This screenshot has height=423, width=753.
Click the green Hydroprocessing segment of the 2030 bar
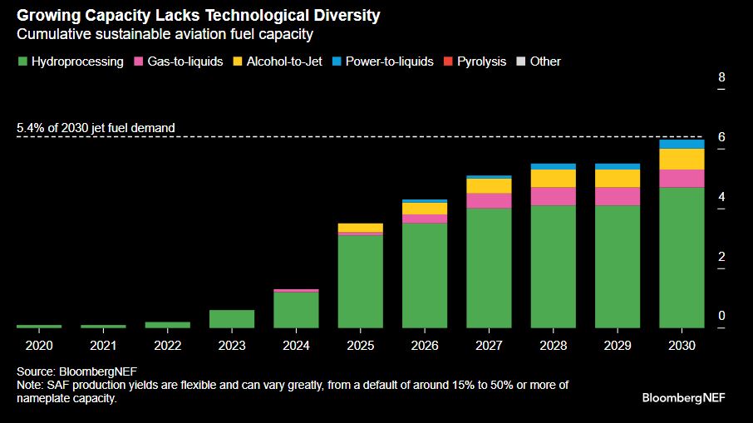coord(682,257)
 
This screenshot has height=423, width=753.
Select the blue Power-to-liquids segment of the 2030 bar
coord(682,144)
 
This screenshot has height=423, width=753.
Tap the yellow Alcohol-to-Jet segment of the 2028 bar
coord(554,178)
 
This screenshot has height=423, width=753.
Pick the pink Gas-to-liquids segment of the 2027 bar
coord(489,200)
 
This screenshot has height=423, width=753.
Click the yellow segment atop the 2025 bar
coord(360,227)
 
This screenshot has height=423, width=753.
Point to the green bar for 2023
coord(232,318)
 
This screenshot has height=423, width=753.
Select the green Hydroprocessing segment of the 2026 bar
coord(425,275)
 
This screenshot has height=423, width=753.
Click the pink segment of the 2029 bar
coord(618,196)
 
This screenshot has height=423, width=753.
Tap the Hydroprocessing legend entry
coord(70,61)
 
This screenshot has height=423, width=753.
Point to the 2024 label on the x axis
coord(296,344)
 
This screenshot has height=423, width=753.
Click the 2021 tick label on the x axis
coord(103,344)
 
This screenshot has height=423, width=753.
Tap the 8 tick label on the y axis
coord(721,77)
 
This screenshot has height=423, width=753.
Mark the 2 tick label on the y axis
coord(721,256)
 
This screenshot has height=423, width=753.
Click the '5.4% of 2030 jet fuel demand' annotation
coord(96,128)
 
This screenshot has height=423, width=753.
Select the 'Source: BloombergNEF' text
coord(72,371)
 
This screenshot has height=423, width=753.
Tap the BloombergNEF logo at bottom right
coord(683,397)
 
